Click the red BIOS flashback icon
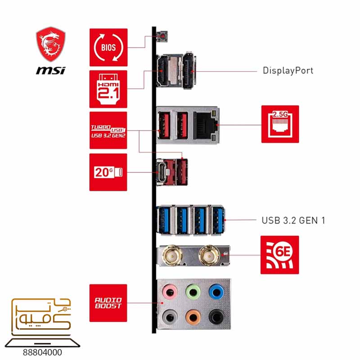108,47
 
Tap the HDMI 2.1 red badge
108,89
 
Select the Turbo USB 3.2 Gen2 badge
108,130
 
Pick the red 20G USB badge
108,172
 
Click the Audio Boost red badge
108,303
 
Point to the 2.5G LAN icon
280,124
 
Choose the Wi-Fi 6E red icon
279,255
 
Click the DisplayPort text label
288,71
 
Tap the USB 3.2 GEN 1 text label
293,220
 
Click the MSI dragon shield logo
51,44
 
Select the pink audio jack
170,292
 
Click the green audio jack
193,292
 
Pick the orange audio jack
193,317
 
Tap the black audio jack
216,317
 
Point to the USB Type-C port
162,172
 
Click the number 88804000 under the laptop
42,352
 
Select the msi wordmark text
51,70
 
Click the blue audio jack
216,292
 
